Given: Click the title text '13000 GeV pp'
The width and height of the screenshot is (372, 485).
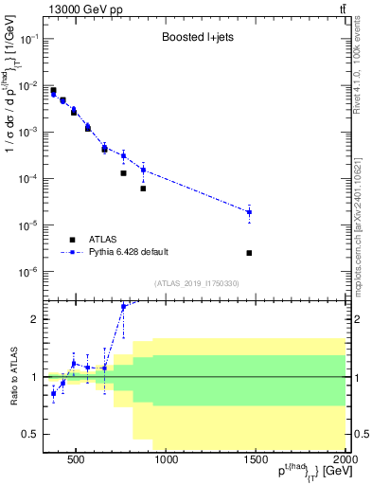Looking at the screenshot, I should [81, 9].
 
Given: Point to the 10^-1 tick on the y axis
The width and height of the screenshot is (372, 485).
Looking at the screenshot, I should [29, 39].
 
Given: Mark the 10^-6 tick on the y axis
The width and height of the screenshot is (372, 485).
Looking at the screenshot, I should [29, 272].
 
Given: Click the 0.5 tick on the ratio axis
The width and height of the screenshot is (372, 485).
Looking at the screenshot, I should [29, 434].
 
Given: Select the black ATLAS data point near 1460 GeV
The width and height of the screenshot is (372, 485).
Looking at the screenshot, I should [249, 253].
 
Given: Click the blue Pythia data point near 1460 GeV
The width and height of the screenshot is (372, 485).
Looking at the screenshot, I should [249, 212].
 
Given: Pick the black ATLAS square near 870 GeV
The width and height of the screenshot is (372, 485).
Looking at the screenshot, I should [143, 189].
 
